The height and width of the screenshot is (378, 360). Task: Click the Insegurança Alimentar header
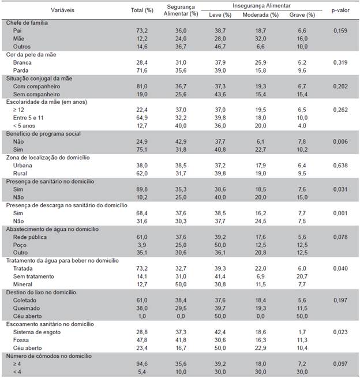pos(258,5)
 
